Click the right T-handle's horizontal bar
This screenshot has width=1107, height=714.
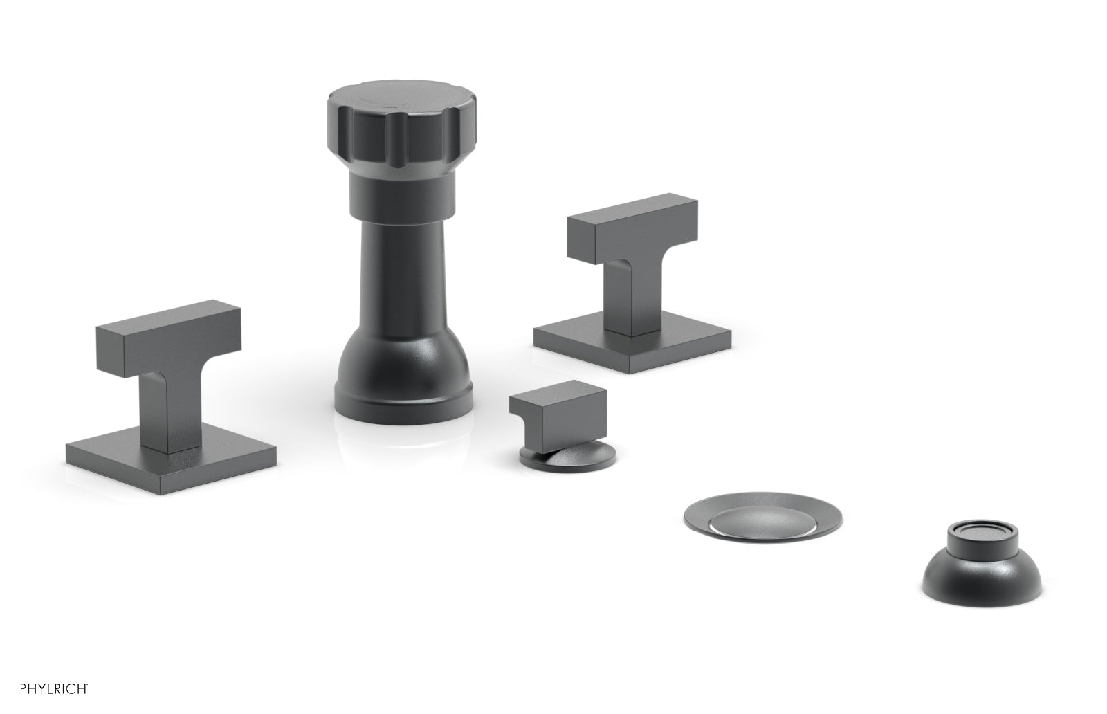pos(632,227)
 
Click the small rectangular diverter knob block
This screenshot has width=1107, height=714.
pos(558,412)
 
